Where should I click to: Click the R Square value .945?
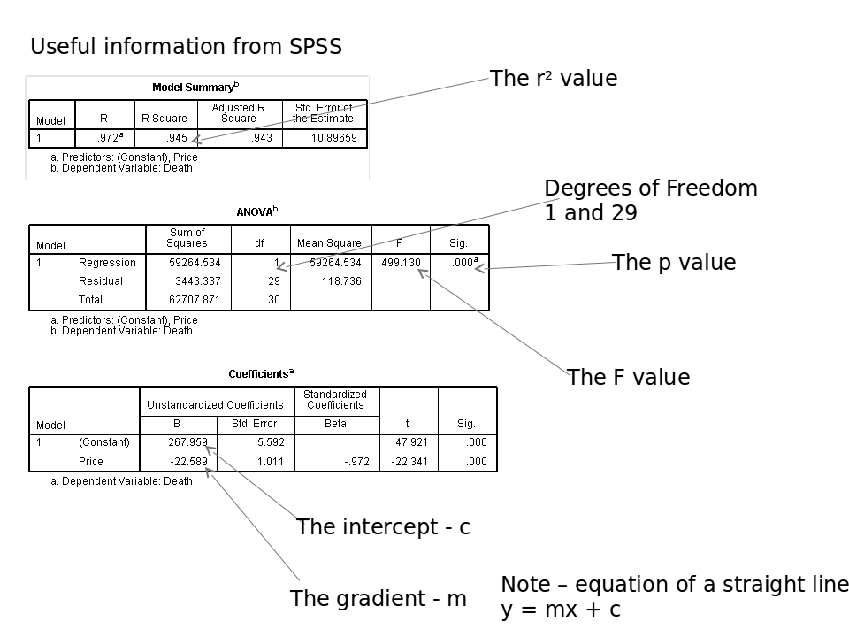point(177,138)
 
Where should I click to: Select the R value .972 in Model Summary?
point(110,138)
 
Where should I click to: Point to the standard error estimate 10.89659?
point(333,138)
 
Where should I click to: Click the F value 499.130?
point(401,263)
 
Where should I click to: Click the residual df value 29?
point(274,281)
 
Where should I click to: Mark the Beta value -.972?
point(356,462)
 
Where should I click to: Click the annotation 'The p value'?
point(674,263)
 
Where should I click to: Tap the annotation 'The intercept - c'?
point(383,527)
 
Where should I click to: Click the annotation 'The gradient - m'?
point(379,599)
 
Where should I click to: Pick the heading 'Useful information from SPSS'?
point(187,47)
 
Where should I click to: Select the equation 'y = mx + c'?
point(561,610)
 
